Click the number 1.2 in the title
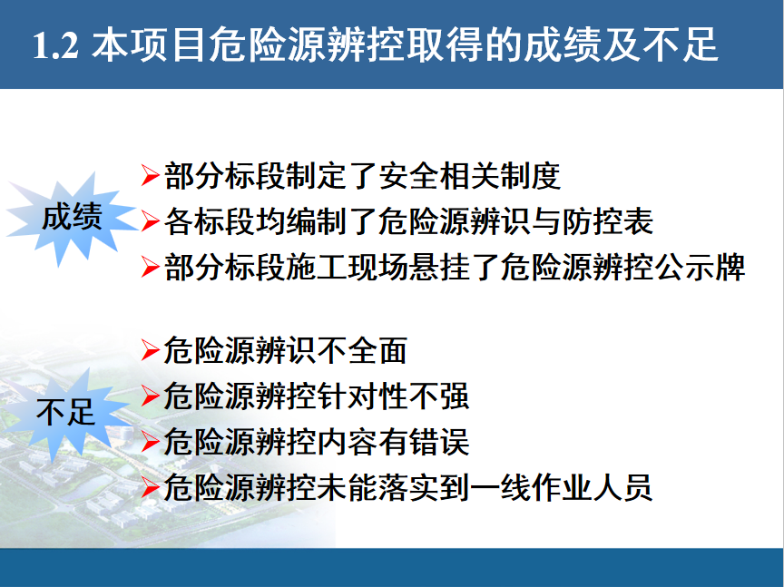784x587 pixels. (x=55, y=45)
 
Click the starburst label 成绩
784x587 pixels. (x=72, y=217)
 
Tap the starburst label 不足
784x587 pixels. (x=65, y=412)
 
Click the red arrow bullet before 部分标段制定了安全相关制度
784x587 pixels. (x=151, y=175)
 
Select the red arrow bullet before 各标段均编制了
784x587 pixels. (x=151, y=221)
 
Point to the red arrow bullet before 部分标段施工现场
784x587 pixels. (x=151, y=267)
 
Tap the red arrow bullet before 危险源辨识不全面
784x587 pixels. (x=151, y=350)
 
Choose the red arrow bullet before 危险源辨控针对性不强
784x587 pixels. (x=151, y=396)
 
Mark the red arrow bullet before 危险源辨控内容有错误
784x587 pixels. (x=151, y=442)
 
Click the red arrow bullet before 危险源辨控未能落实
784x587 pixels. (x=151, y=487)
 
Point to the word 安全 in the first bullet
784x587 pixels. (x=408, y=176)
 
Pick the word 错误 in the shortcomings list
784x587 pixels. (x=439, y=442)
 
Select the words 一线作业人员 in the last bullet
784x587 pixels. (x=561, y=487)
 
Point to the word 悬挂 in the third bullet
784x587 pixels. (x=439, y=267)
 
